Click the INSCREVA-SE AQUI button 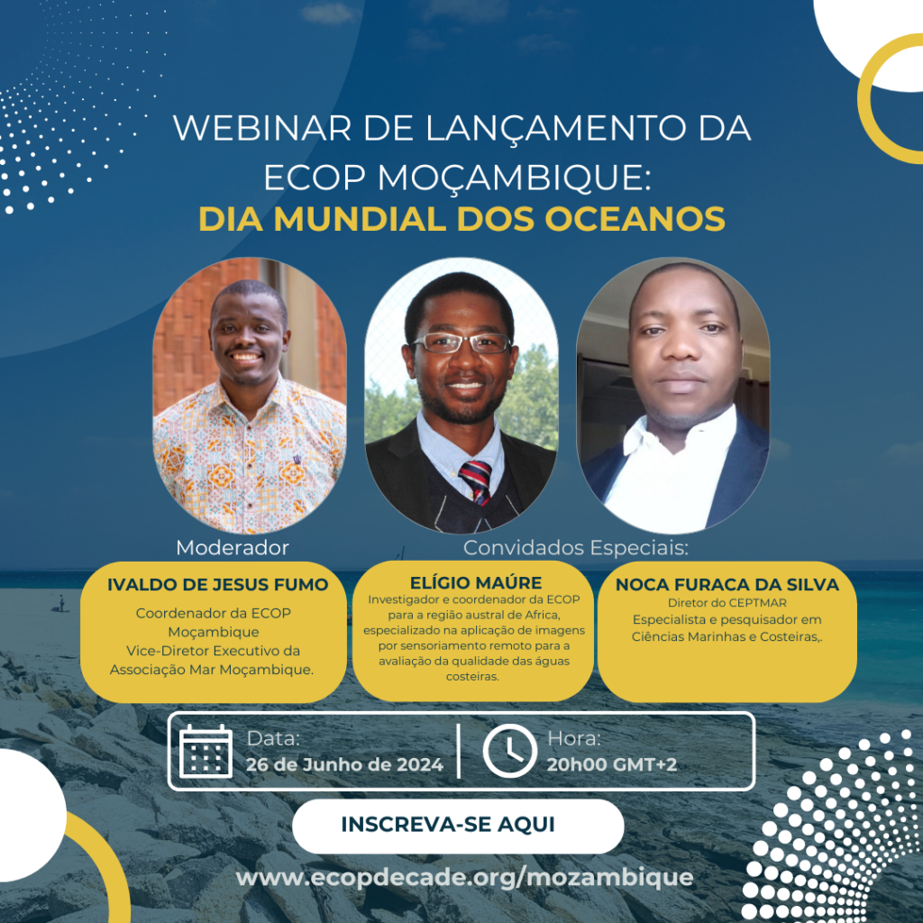[x=458, y=826]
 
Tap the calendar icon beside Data [x=206, y=751]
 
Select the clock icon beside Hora [x=510, y=751]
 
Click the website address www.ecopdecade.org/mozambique [x=464, y=877]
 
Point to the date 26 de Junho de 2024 [x=344, y=764]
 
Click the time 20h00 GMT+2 [x=612, y=764]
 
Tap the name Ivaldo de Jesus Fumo [x=218, y=584]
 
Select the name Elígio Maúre [x=476, y=583]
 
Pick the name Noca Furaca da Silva [x=727, y=584]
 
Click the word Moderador [x=233, y=547]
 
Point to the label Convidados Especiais [x=576, y=547]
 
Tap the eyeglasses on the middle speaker [x=461, y=343]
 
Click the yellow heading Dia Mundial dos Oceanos [x=461, y=219]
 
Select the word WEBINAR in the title [x=262, y=128]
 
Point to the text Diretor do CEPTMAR [x=727, y=603]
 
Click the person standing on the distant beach [x=61, y=602]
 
